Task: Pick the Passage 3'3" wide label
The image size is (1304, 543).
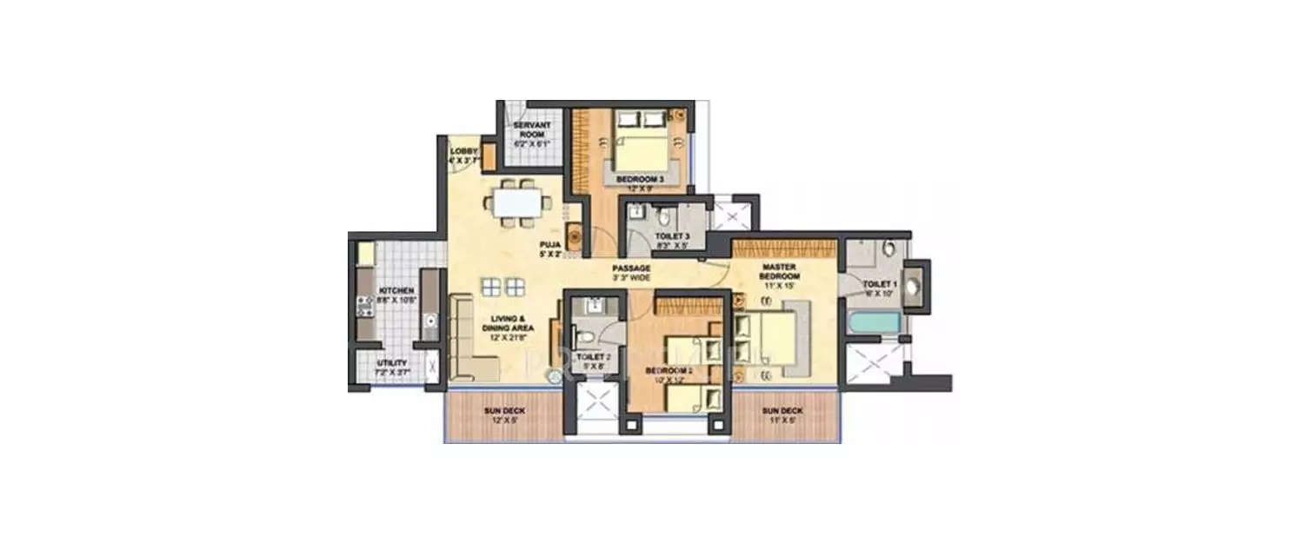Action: pos(631,273)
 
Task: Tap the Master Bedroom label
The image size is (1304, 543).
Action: pos(781,271)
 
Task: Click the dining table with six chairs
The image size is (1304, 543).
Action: pos(518,203)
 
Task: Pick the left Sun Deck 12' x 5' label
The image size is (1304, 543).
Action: pos(503,414)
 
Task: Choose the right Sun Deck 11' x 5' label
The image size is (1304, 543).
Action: pos(782,414)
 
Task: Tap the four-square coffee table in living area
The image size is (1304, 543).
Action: pos(504,287)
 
